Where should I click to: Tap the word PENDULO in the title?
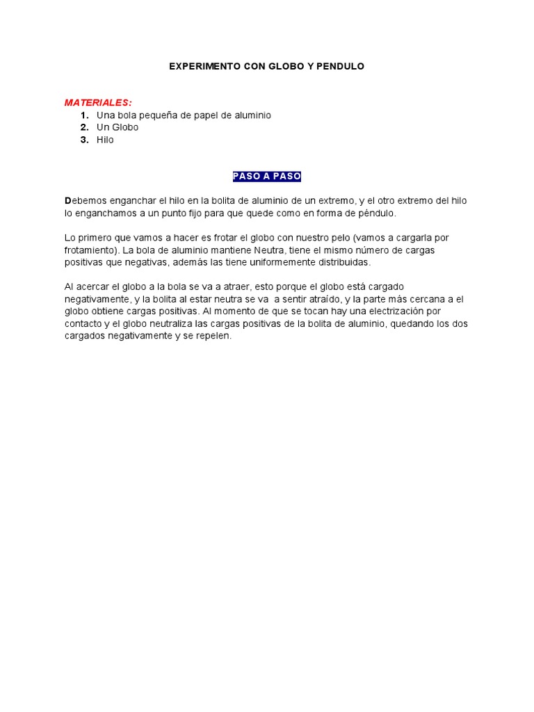click(341, 66)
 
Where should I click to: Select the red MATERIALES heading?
click(98, 102)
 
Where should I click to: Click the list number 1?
click(84, 115)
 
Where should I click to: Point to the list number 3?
click(84, 140)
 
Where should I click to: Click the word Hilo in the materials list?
click(105, 140)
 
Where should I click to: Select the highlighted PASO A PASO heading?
click(267, 177)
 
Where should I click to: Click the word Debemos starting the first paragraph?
click(84, 201)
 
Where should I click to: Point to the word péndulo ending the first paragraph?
click(378, 213)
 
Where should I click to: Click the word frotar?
click(225, 238)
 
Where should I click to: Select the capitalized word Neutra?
click(268, 250)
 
